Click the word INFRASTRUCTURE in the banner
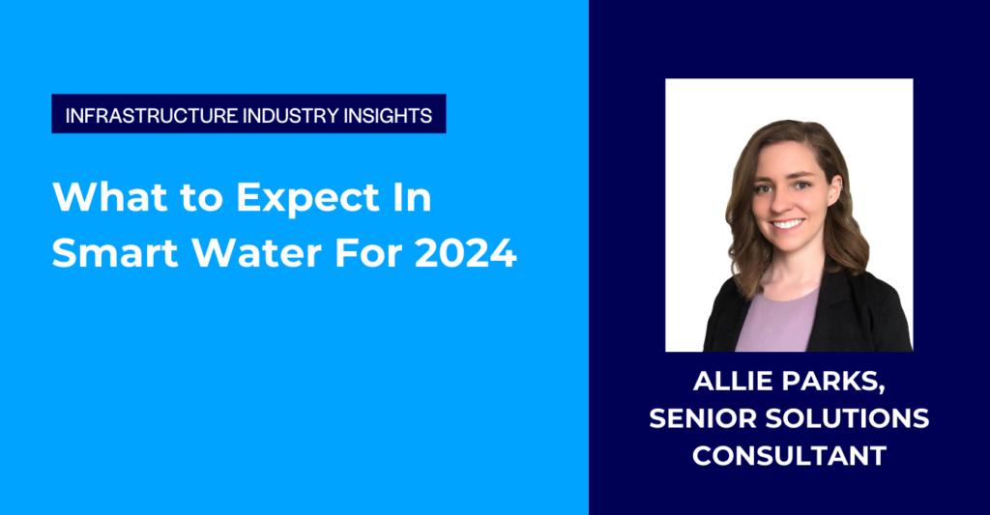tap(138, 114)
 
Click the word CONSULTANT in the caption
tap(789, 456)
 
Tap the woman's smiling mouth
tap(786, 225)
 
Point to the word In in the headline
tap(410, 199)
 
